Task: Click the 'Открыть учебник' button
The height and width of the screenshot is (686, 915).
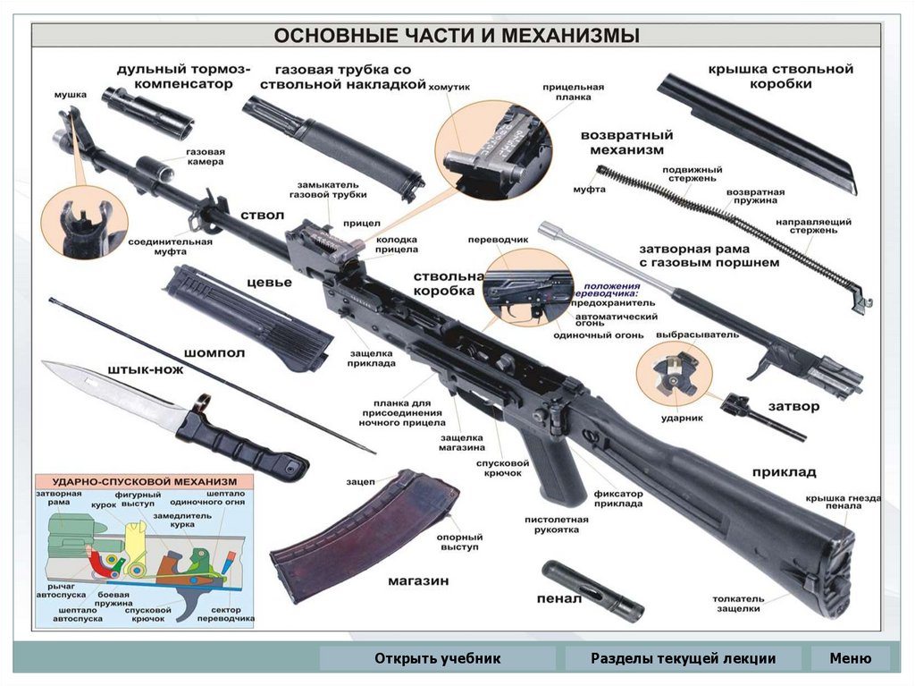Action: [438, 659]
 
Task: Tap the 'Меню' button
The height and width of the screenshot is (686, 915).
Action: [850, 659]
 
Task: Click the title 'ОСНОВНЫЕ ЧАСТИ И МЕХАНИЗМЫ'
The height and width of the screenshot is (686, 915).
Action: [457, 37]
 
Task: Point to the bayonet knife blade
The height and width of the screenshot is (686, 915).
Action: [107, 386]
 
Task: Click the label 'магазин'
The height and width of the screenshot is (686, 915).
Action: [417, 580]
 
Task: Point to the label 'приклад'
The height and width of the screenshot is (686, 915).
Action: [784, 472]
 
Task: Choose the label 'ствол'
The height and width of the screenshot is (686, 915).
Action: [262, 216]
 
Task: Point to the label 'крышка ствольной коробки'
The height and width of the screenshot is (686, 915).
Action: [781, 76]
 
